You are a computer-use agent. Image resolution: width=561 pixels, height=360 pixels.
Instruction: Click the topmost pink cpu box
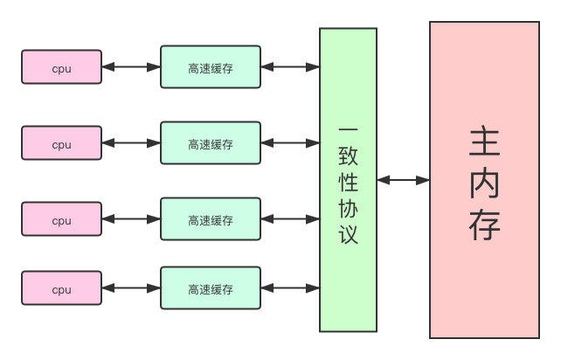[61, 67]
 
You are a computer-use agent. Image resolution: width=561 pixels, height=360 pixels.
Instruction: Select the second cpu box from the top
[61, 143]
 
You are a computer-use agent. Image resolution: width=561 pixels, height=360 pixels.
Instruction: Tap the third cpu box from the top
[61, 219]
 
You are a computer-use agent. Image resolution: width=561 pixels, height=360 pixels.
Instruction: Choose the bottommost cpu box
[61, 288]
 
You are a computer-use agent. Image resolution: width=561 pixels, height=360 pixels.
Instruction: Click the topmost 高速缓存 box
[211, 67]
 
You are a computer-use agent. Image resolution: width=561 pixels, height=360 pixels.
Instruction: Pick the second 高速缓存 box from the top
[211, 143]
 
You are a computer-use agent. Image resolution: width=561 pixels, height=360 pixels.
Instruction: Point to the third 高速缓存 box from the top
[211, 219]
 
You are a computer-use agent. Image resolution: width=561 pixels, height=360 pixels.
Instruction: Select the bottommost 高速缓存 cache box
[211, 288]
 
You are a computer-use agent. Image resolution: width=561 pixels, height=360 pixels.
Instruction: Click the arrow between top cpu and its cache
[131, 66]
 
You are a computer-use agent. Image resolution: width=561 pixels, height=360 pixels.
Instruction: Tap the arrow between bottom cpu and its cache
[131, 287]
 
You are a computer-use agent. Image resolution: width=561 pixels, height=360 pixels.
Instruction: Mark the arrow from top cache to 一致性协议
[290, 66]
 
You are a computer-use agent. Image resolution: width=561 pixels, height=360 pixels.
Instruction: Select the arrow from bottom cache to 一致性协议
[290, 287]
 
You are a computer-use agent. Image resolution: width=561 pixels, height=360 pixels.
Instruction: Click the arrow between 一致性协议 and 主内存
[403, 180]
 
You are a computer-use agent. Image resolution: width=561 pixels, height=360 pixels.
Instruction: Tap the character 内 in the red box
[484, 183]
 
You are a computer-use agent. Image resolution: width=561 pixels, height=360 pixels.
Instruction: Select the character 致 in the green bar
[348, 159]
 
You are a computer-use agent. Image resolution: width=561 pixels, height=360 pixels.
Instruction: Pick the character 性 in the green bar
[348, 184]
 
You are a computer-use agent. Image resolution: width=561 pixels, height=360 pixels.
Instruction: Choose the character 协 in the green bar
[348, 211]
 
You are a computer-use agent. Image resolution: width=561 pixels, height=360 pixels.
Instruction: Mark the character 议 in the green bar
[348, 236]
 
